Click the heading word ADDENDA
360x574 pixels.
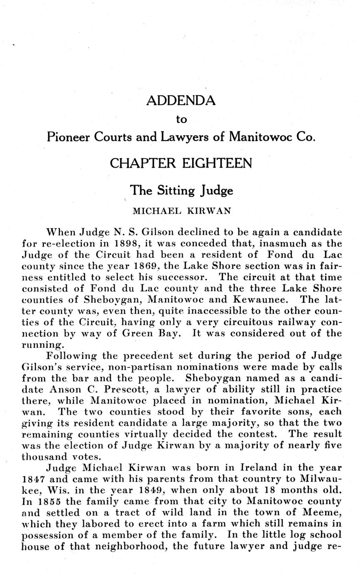coord(181,101)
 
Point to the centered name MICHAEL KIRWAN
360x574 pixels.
coord(181,211)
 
